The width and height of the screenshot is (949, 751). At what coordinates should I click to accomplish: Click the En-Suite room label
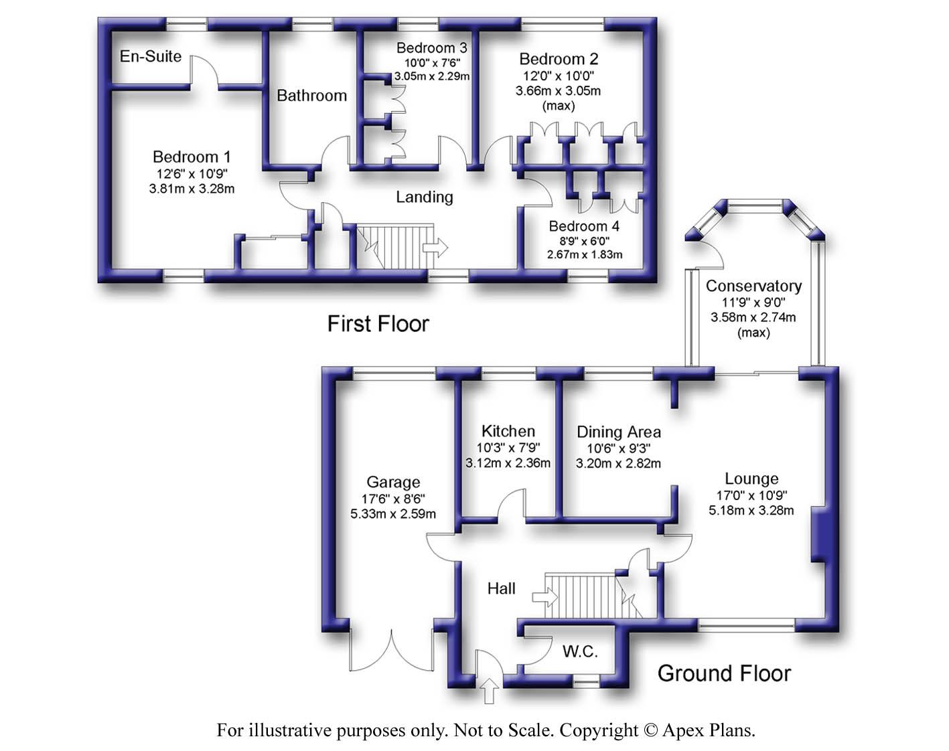(151, 56)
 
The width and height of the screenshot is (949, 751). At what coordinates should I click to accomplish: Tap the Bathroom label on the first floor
(312, 96)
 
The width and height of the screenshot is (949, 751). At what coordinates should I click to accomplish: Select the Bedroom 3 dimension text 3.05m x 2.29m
(432, 76)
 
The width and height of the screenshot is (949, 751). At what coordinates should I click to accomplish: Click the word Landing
(424, 197)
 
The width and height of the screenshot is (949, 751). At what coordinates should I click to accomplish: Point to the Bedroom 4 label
(584, 226)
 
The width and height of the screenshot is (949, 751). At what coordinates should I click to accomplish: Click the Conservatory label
(753, 286)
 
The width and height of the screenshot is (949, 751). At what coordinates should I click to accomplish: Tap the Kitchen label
(508, 431)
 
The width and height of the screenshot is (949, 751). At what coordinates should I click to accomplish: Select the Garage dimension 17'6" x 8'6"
(393, 499)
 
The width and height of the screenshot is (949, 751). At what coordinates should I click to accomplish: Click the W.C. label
(580, 651)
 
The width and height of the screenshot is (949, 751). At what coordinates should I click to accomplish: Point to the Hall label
(502, 588)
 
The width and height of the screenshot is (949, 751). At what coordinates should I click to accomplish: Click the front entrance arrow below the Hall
(489, 691)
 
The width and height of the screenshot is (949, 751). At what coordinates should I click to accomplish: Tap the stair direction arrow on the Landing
(435, 247)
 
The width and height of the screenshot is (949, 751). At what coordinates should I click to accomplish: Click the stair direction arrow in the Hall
(545, 598)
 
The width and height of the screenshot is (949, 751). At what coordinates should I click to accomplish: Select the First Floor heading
(378, 324)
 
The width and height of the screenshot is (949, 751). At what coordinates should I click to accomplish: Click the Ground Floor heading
(724, 673)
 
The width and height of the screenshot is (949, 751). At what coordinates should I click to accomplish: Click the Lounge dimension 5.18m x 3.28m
(751, 510)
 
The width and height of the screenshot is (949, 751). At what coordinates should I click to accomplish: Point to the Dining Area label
(619, 432)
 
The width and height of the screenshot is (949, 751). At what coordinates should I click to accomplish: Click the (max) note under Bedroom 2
(559, 106)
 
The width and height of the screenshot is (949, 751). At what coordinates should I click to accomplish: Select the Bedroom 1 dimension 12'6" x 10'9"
(192, 173)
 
